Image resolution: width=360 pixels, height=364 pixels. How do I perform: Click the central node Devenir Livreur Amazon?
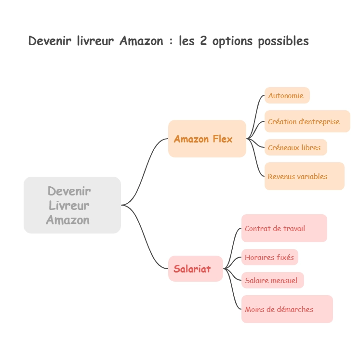coord(72,205)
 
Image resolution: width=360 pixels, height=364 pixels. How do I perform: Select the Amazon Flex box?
coord(207,139)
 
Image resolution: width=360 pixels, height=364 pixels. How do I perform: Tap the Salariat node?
coord(195,269)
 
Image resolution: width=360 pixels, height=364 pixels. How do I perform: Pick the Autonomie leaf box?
coord(287,95)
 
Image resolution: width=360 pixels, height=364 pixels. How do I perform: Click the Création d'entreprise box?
coord(307,121)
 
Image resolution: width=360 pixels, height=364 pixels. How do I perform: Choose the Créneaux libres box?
coord(295,147)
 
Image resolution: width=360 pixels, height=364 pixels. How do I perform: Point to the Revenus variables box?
coord(304,176)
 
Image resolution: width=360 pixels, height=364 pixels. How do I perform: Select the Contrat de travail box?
coord(284,228)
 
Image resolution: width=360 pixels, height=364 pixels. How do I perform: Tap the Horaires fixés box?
coord(269,257)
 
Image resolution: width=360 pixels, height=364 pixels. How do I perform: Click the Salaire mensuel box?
coord(272,280)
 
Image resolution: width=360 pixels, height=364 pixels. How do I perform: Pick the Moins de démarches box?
coord(287,309)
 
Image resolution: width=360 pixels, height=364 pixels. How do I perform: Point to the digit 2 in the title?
coord(203,41)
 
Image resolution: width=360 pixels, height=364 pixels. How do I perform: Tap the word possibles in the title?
coord(283,41)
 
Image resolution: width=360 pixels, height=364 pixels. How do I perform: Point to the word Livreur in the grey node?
coord(69,206)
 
